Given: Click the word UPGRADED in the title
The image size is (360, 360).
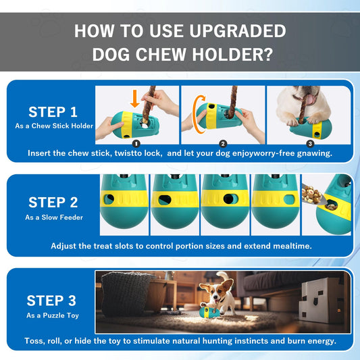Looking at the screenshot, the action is (238, 31).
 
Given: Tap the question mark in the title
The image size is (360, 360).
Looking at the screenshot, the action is (267, 55).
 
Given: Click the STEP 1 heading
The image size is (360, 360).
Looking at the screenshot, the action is (53, 112).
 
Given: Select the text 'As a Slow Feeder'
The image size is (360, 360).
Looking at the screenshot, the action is (54, 217).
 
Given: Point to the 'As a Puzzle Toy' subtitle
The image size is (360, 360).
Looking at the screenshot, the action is (53, 315).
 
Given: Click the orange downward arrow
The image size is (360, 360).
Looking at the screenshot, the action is (135, 99).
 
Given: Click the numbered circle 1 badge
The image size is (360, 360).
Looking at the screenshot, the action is (136, 144).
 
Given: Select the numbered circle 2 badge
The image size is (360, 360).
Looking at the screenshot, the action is (223, 144).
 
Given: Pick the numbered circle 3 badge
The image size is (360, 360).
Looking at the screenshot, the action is (310, 144).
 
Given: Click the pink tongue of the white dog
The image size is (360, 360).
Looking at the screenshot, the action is (310, 99).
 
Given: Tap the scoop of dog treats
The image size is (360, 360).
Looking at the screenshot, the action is (313, 196).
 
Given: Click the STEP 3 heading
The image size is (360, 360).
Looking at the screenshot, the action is (51, 301).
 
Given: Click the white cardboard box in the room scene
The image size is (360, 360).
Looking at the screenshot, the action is (321, 299).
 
